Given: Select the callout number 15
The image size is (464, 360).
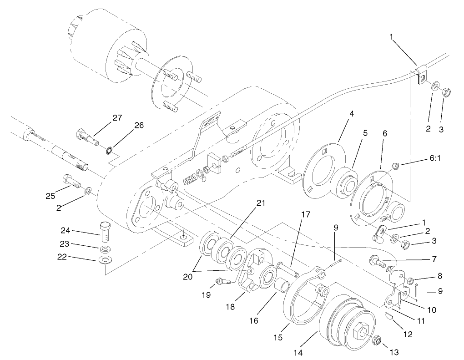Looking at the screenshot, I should pos(278,338).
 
